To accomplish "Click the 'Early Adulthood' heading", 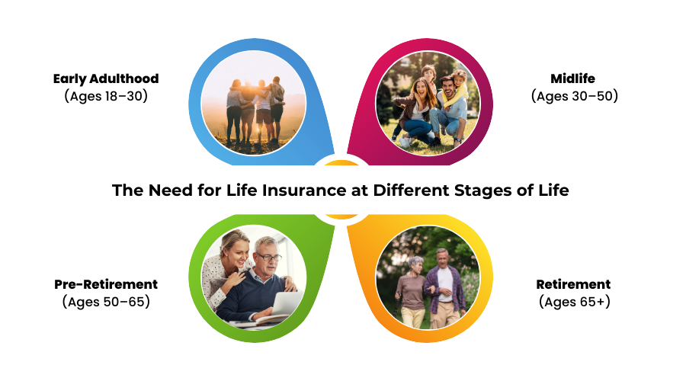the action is [106, 78].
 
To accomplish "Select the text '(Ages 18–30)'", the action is [106, 96].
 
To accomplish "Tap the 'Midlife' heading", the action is [572, 78].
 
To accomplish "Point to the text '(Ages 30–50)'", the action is [575, 96].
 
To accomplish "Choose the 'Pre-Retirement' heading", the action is [106, 284].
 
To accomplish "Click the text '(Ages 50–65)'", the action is [106, 302].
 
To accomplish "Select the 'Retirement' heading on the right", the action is [573, 284].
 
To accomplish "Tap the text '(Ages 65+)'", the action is [575, 302].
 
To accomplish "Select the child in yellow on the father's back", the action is [457, 88].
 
